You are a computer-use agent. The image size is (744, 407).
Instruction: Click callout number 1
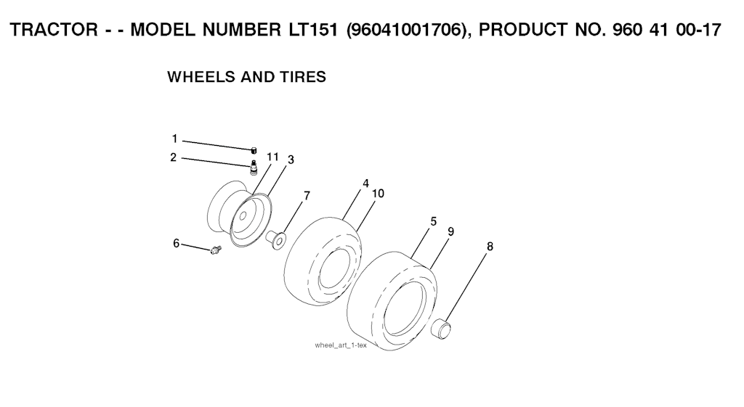[x=174, y=139]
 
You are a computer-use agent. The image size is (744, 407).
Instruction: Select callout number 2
[x=174, y=157]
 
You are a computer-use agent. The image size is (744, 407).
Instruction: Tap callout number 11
[x=272, y=157]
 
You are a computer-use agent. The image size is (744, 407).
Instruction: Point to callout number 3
[x=291, y=160]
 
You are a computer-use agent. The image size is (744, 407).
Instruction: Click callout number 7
[x=307, y=196]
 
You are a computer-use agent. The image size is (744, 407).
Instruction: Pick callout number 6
[x=176, y=244]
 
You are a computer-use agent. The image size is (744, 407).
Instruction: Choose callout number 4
[x=366, y=184]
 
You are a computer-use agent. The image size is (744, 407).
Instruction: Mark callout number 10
[x=378, y=193]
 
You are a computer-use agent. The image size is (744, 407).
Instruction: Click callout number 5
[x=434, y=221]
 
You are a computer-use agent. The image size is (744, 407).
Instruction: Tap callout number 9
[x=450, y=231]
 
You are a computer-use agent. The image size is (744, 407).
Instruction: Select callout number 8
[x=490, y=247]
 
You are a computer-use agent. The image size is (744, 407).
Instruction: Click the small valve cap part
[x=254, y=150]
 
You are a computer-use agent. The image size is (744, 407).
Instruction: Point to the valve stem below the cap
[x=254, y=167]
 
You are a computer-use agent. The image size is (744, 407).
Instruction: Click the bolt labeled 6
[x=217, y=250]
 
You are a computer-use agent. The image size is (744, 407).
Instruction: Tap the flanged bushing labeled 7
[x=276, y=239]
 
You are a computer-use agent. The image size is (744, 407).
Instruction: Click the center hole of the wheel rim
[x=243, y=216]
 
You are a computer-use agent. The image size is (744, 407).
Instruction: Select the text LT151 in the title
[x=313, y=30]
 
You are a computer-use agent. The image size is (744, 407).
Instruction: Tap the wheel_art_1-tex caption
[x=341, y=345]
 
